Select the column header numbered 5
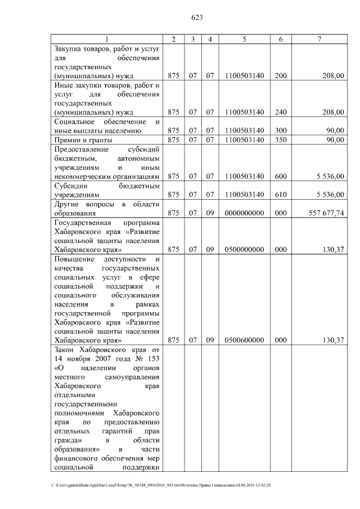coord(244,39)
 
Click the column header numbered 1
coord(107,39)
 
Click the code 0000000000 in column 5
coord(244,213)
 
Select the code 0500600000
coord(244,340)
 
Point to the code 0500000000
coord(244,249)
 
